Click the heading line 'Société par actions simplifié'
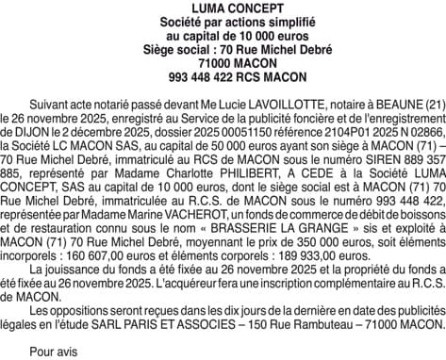pos(223,21)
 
